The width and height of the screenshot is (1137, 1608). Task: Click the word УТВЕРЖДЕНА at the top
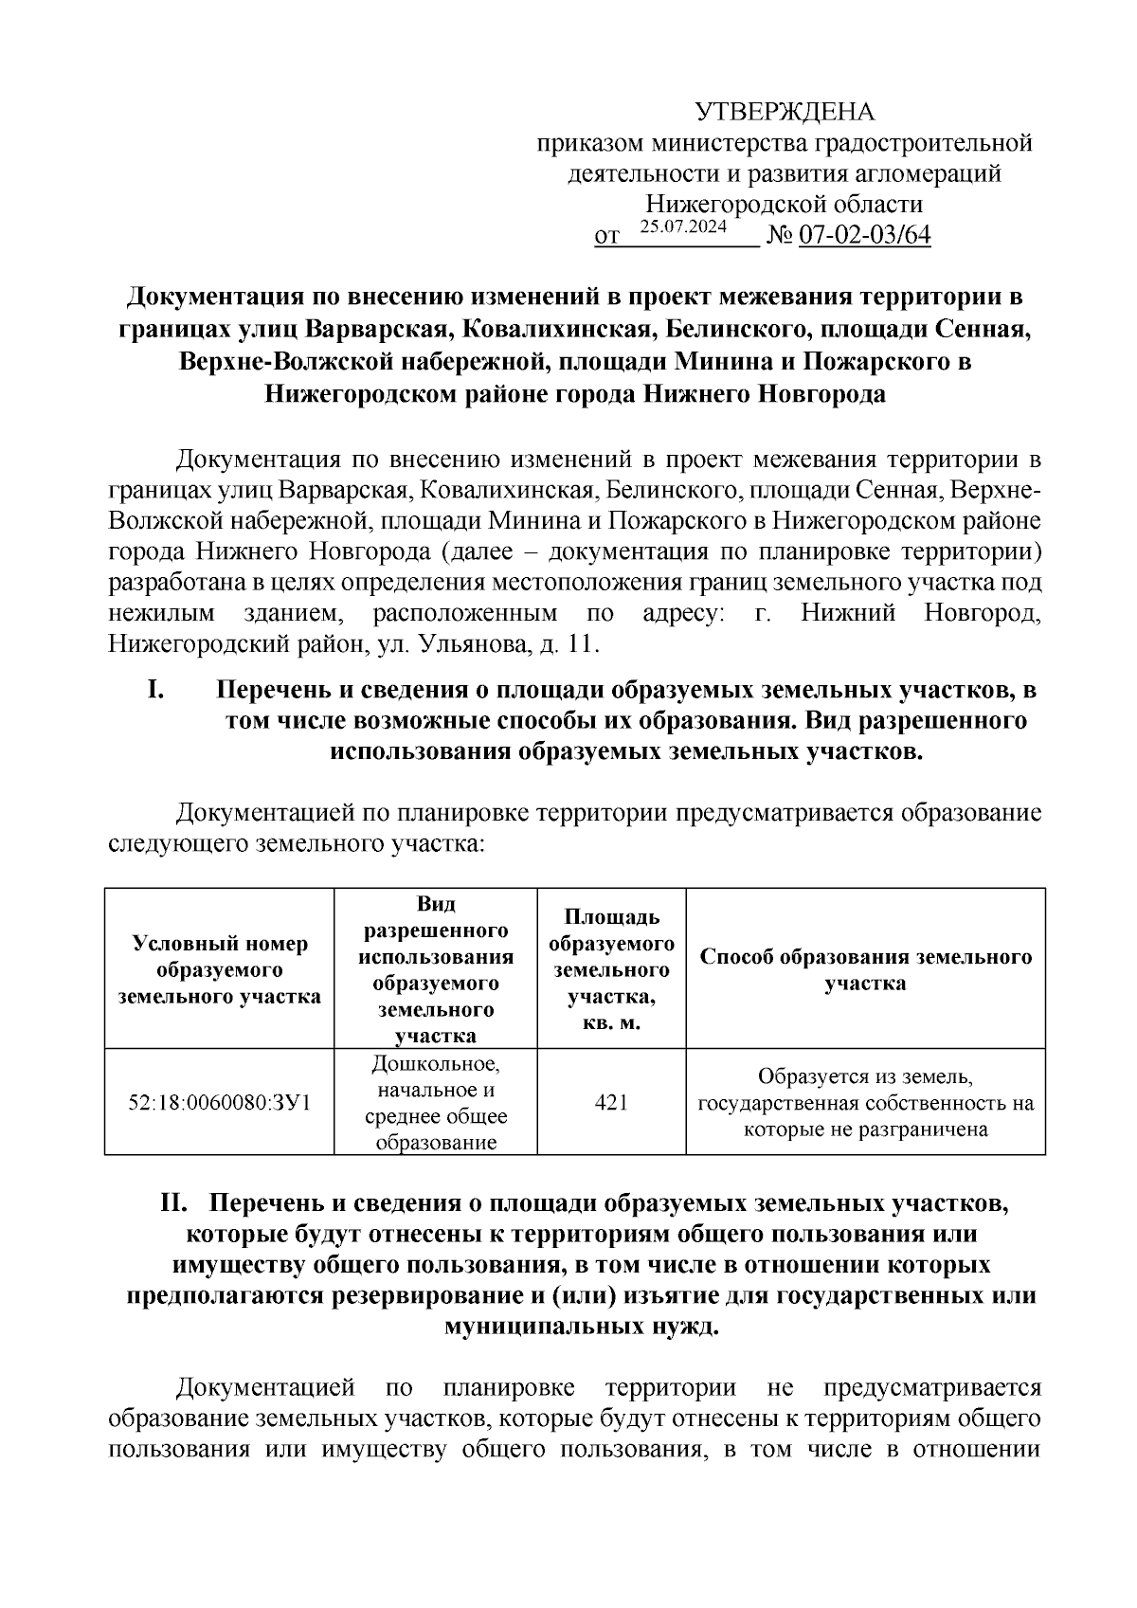pos(785,113)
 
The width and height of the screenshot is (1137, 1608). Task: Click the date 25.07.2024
pos(683,226)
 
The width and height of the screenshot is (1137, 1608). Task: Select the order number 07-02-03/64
pos(865,235)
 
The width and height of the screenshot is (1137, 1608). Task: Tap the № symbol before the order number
pos(780,235)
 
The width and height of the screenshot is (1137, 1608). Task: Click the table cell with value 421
pos(611,1102)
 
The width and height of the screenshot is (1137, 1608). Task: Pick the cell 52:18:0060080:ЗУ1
pos(219,1102)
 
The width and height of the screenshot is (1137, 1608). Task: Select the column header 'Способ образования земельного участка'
pos(865,969)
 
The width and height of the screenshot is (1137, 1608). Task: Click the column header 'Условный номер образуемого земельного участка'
pos(219,969)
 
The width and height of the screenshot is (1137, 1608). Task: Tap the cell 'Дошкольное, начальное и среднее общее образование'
pos(436,1102)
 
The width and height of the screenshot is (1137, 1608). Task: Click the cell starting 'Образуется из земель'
pos(865,1102)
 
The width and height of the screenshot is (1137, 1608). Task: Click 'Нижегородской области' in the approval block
pos(785,205)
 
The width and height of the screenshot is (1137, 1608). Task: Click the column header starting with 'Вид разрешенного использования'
pos(436,969)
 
